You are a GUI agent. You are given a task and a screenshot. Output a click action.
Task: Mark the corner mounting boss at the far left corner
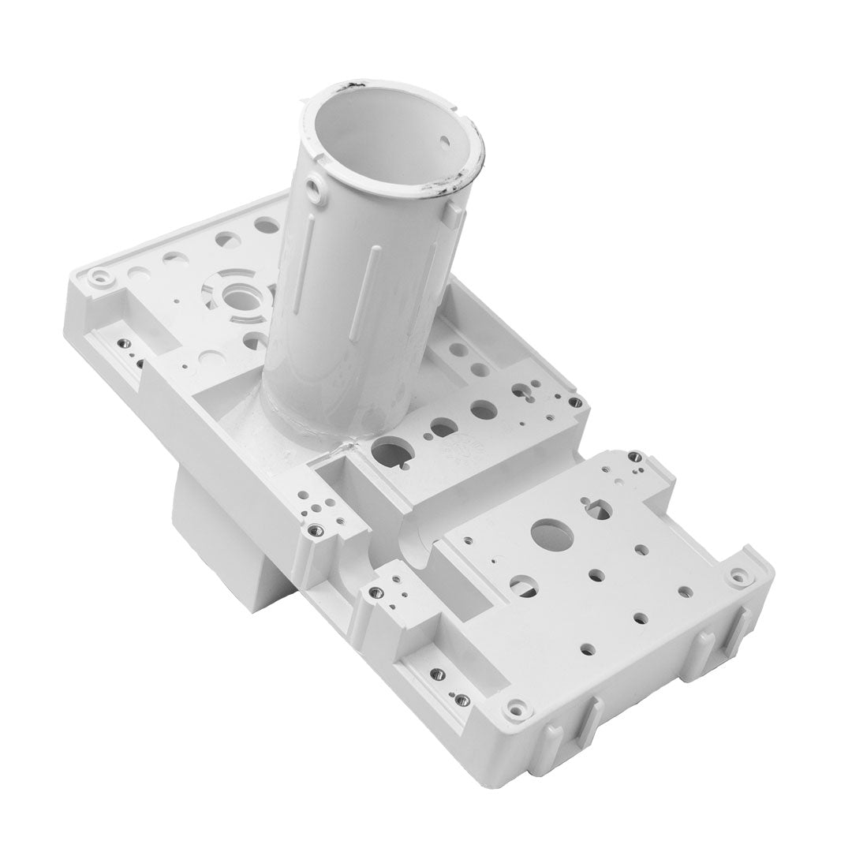[99, 278]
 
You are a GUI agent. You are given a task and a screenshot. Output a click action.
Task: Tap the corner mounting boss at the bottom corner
[515, 708]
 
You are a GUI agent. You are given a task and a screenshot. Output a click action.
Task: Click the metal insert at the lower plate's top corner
[633, 456]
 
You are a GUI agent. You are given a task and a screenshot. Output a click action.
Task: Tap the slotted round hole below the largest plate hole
[521, 585]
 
